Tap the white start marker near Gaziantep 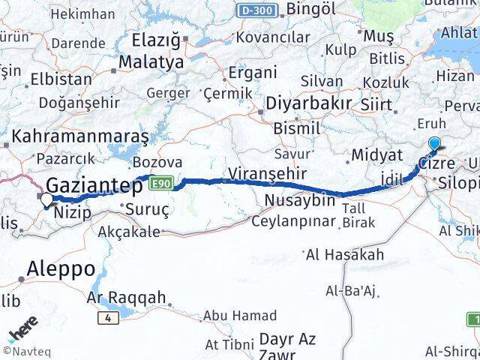tap(46, 199)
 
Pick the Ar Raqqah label tap(127, 298)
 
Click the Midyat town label tap(366, 154)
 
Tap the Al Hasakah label tap(345, 254)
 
